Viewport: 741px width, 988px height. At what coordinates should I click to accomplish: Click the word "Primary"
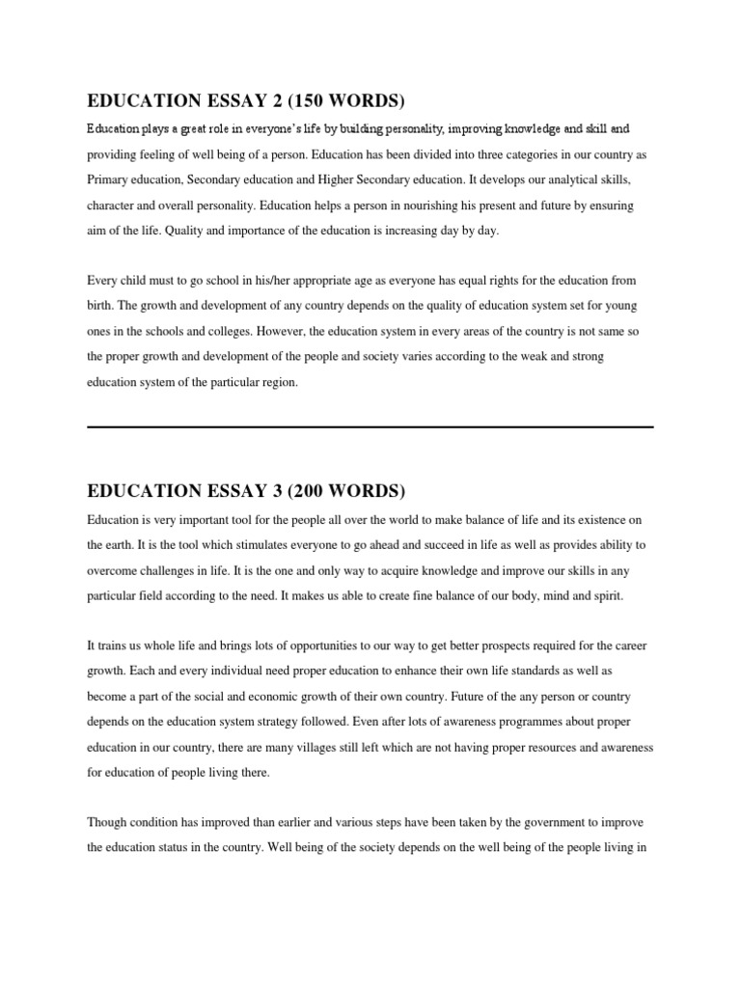tap(110, 179)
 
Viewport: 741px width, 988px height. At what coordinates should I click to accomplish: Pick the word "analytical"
tap(571, 179)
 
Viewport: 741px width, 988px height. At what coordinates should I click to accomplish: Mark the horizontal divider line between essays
tap(370, 426)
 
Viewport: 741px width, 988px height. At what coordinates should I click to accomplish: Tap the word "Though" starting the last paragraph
tap(107, 822)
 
